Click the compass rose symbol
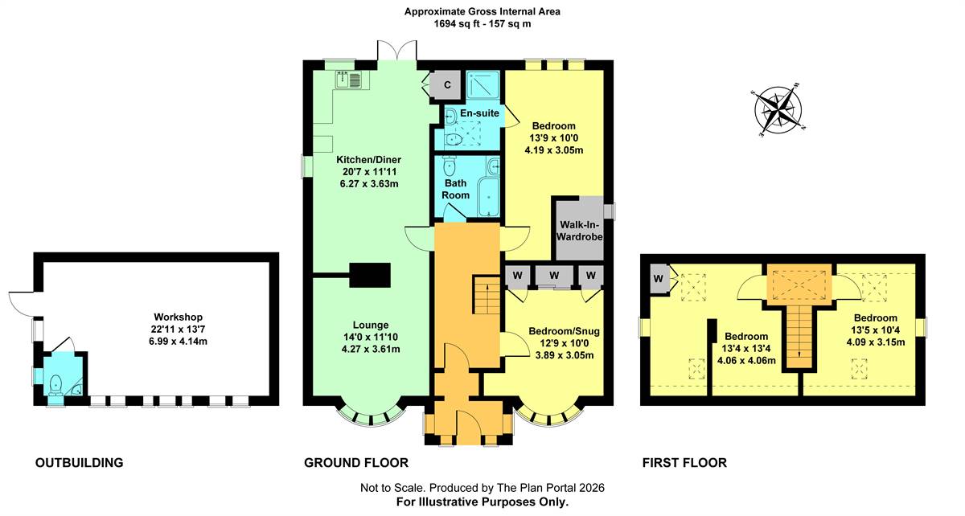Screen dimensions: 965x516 [x=778, y=109]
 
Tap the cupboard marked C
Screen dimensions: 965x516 [x=447, y=84]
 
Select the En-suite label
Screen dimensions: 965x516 [x=479, y=113]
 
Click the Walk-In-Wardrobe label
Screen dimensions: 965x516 [x=580, y=231]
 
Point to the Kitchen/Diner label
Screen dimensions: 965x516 [x=369, y=159]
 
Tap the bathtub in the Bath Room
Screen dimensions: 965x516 [x=488, y=197]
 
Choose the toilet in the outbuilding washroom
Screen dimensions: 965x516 [x=55, y=385]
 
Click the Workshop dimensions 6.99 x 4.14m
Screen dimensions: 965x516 [x=178, y=342]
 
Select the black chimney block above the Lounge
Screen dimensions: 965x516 [x=370, y=275]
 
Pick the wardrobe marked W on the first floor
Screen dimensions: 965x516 [x=659, y=279]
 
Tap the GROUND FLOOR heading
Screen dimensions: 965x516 [x=355, y=463]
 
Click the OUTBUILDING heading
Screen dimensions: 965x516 [x=80, y=463]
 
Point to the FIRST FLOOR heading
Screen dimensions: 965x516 [x=684, y=463]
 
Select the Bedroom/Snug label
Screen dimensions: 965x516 [x=564, y=331]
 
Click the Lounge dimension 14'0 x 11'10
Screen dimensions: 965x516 [x=371, y=338]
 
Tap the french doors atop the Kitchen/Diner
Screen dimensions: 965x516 [x=396, y=51]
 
